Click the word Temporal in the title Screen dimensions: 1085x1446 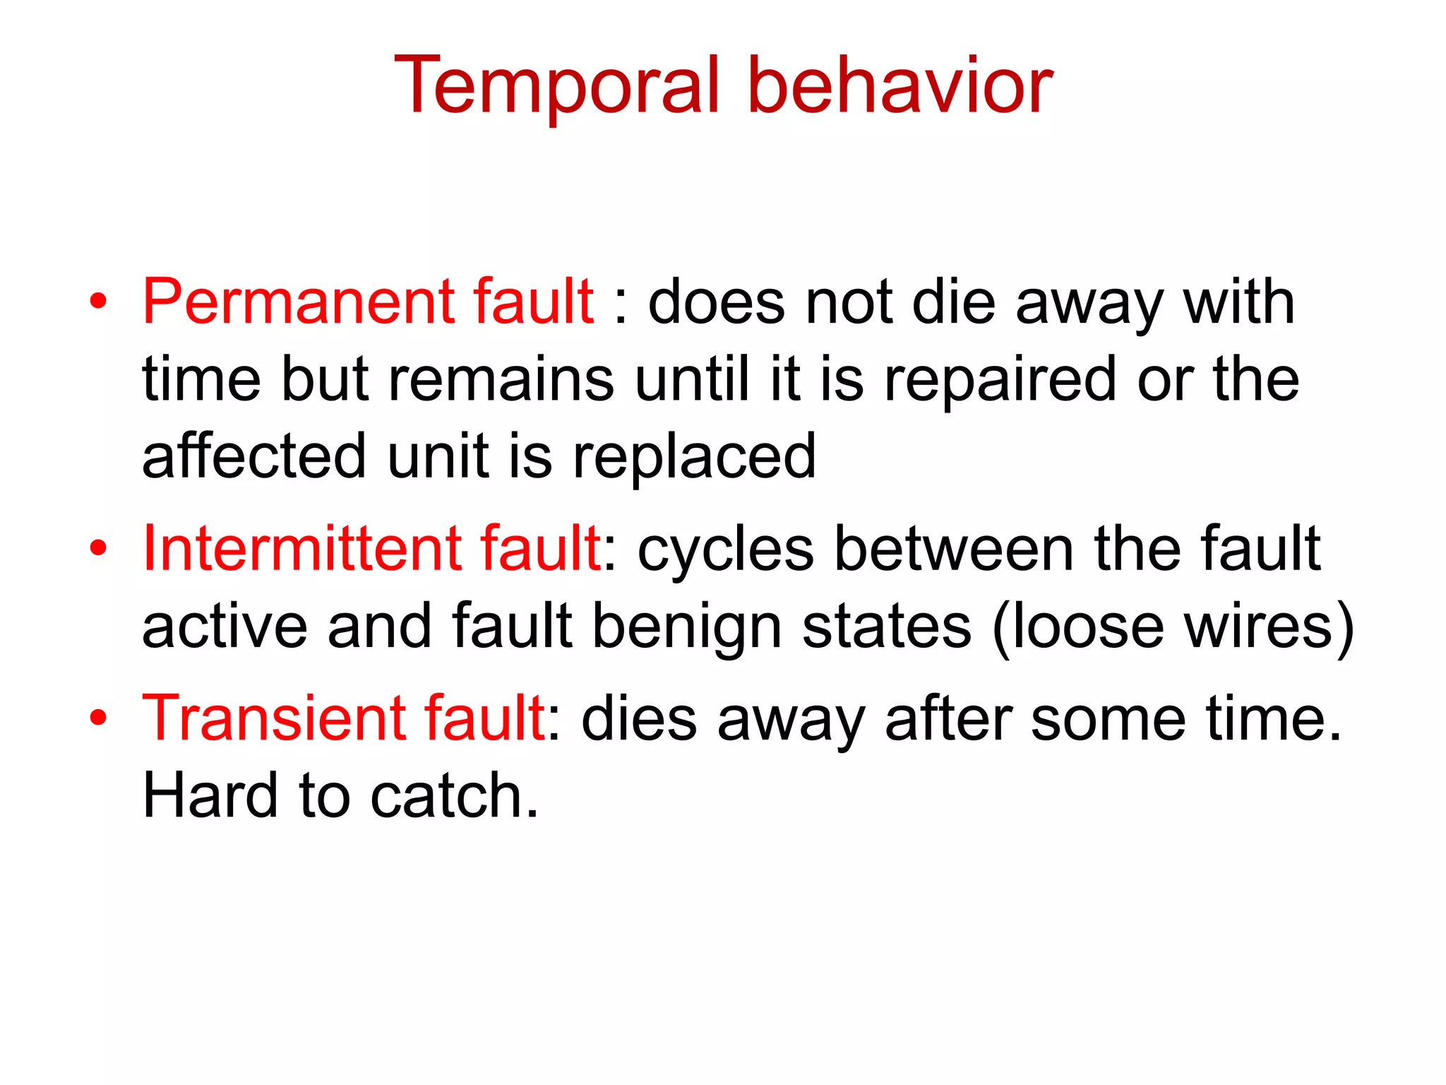coord(557,86)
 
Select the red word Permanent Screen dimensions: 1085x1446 coord(297,302)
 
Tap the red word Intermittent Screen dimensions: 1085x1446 coord(300,549)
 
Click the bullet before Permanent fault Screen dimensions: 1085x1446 coord(98,302)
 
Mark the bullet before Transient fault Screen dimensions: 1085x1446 coord(98,718)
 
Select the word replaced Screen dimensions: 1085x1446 coord(694,458)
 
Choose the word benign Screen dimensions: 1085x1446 coord(687,627)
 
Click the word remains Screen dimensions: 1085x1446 coord(501,380)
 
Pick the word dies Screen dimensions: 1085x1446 coord(640,718)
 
